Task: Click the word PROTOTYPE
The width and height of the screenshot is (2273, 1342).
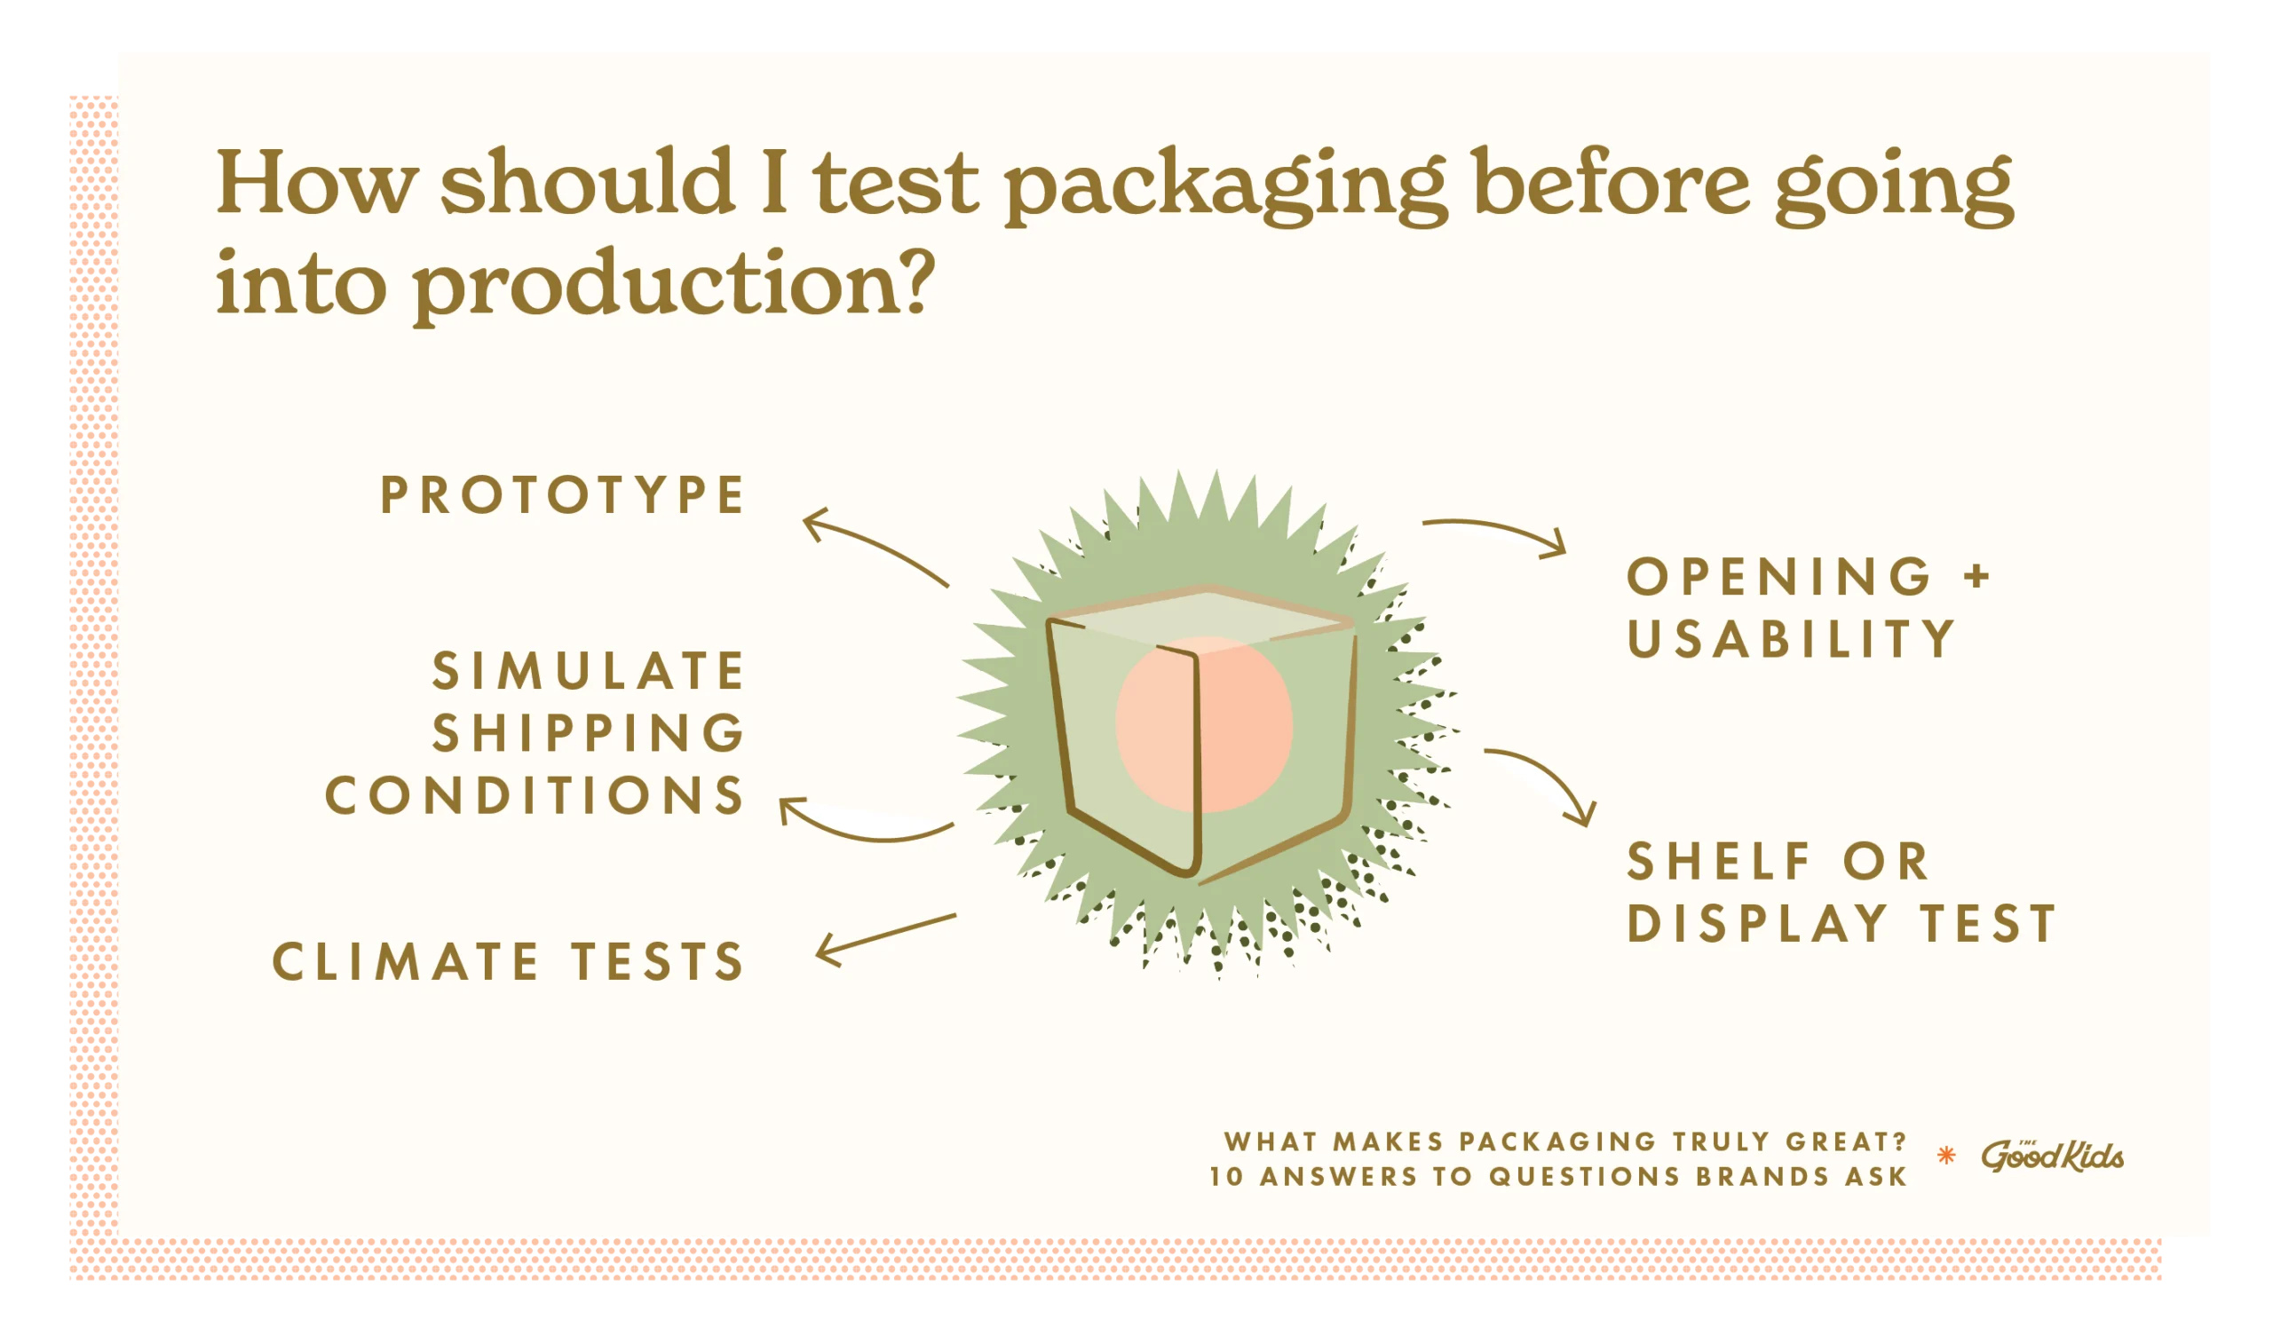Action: pos(562,495)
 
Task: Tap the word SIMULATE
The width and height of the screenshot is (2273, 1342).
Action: pos(589,671)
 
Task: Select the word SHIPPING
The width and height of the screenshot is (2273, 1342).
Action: pos(589,733)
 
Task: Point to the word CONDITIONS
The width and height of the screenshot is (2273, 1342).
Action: pos(535,796)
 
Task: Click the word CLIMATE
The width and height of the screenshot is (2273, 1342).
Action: pos(406,961)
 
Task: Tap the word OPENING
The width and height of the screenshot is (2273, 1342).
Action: pos(1779,577)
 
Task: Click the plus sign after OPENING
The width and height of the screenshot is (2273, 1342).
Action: pos(1978,576)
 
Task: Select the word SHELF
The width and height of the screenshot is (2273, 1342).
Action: pos(1719,862)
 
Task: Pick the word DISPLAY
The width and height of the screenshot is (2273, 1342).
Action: pos(1758,924)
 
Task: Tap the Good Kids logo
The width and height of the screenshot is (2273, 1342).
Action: pos(2052,1155)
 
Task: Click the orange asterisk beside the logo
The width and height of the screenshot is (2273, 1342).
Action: pos(1946,1155)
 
